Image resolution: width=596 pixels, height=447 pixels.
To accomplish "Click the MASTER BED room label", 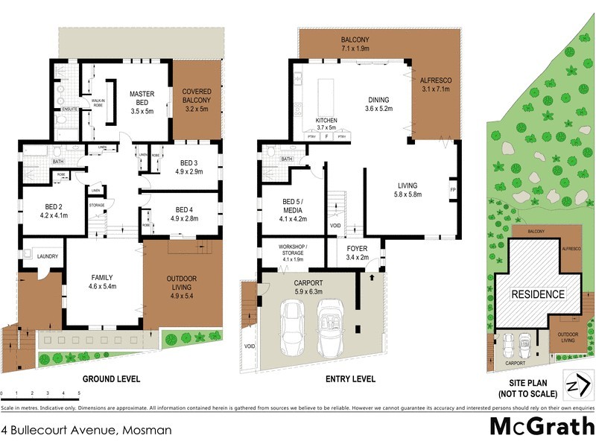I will click(142, 98).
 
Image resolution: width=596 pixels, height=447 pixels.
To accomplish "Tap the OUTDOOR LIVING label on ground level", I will click(183, 279).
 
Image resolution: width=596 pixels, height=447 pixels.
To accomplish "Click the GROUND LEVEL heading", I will click(111, 379).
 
